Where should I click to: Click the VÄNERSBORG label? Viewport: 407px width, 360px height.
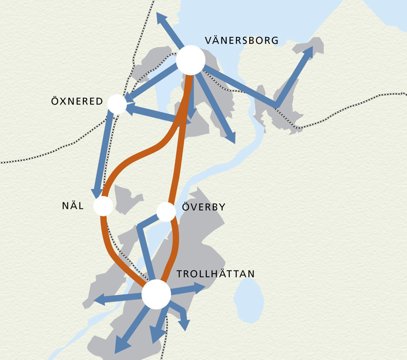(241, 41)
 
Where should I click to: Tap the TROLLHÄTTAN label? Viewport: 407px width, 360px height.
(216, 274)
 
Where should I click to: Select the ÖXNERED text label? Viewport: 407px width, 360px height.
(77, 101)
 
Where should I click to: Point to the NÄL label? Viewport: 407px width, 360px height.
(73, 206)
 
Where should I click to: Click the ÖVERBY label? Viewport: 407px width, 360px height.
(203, 207)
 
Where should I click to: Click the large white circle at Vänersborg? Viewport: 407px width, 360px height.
(191, 61)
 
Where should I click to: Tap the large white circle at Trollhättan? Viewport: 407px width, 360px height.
(156, 294)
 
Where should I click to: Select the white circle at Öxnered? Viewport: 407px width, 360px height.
(117, 104)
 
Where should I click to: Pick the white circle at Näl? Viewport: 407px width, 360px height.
(103, 206)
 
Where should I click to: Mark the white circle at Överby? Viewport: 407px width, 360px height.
(166, 212)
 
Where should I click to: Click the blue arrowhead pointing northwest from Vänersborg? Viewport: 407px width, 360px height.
(161, 18)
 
